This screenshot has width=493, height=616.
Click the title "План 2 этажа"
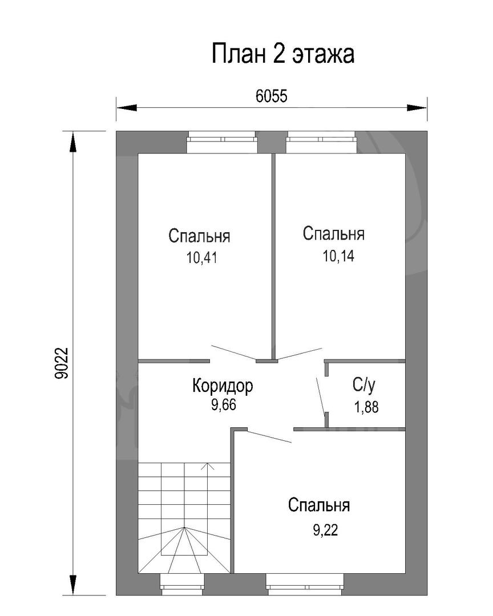(x=283, y=54)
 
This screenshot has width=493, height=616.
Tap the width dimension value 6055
(x=271, y=96)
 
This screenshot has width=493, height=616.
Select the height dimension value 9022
(x=62, y=363)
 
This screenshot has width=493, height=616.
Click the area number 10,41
(x=201, y=258)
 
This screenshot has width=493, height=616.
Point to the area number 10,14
(x=338, y=256)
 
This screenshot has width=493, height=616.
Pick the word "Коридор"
(x=223, y=386)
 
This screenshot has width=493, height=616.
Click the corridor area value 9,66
(x=223, y=404)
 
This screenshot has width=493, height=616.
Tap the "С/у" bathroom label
(x=364, y=385)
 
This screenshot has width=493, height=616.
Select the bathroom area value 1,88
(x=366, y=407)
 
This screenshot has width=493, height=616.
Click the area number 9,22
(x=325, y=530)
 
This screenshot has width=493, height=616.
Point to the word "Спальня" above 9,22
(x=319, y=505)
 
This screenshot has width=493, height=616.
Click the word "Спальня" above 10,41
(x=199, y=236)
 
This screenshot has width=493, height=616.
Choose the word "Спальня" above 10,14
(x=334, y=234)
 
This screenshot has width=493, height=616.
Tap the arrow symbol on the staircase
(x=208, y=467)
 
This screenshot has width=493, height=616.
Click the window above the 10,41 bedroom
(x=222, y=142)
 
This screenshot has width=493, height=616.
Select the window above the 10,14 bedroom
(x=321, y=142)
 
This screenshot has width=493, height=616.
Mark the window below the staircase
(x=183, y=584)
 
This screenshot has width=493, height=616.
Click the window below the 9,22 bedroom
(x=305, y=584)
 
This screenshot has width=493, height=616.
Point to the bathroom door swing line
(x=321, y=396)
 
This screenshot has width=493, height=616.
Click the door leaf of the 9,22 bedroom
(x=269, y=436)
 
